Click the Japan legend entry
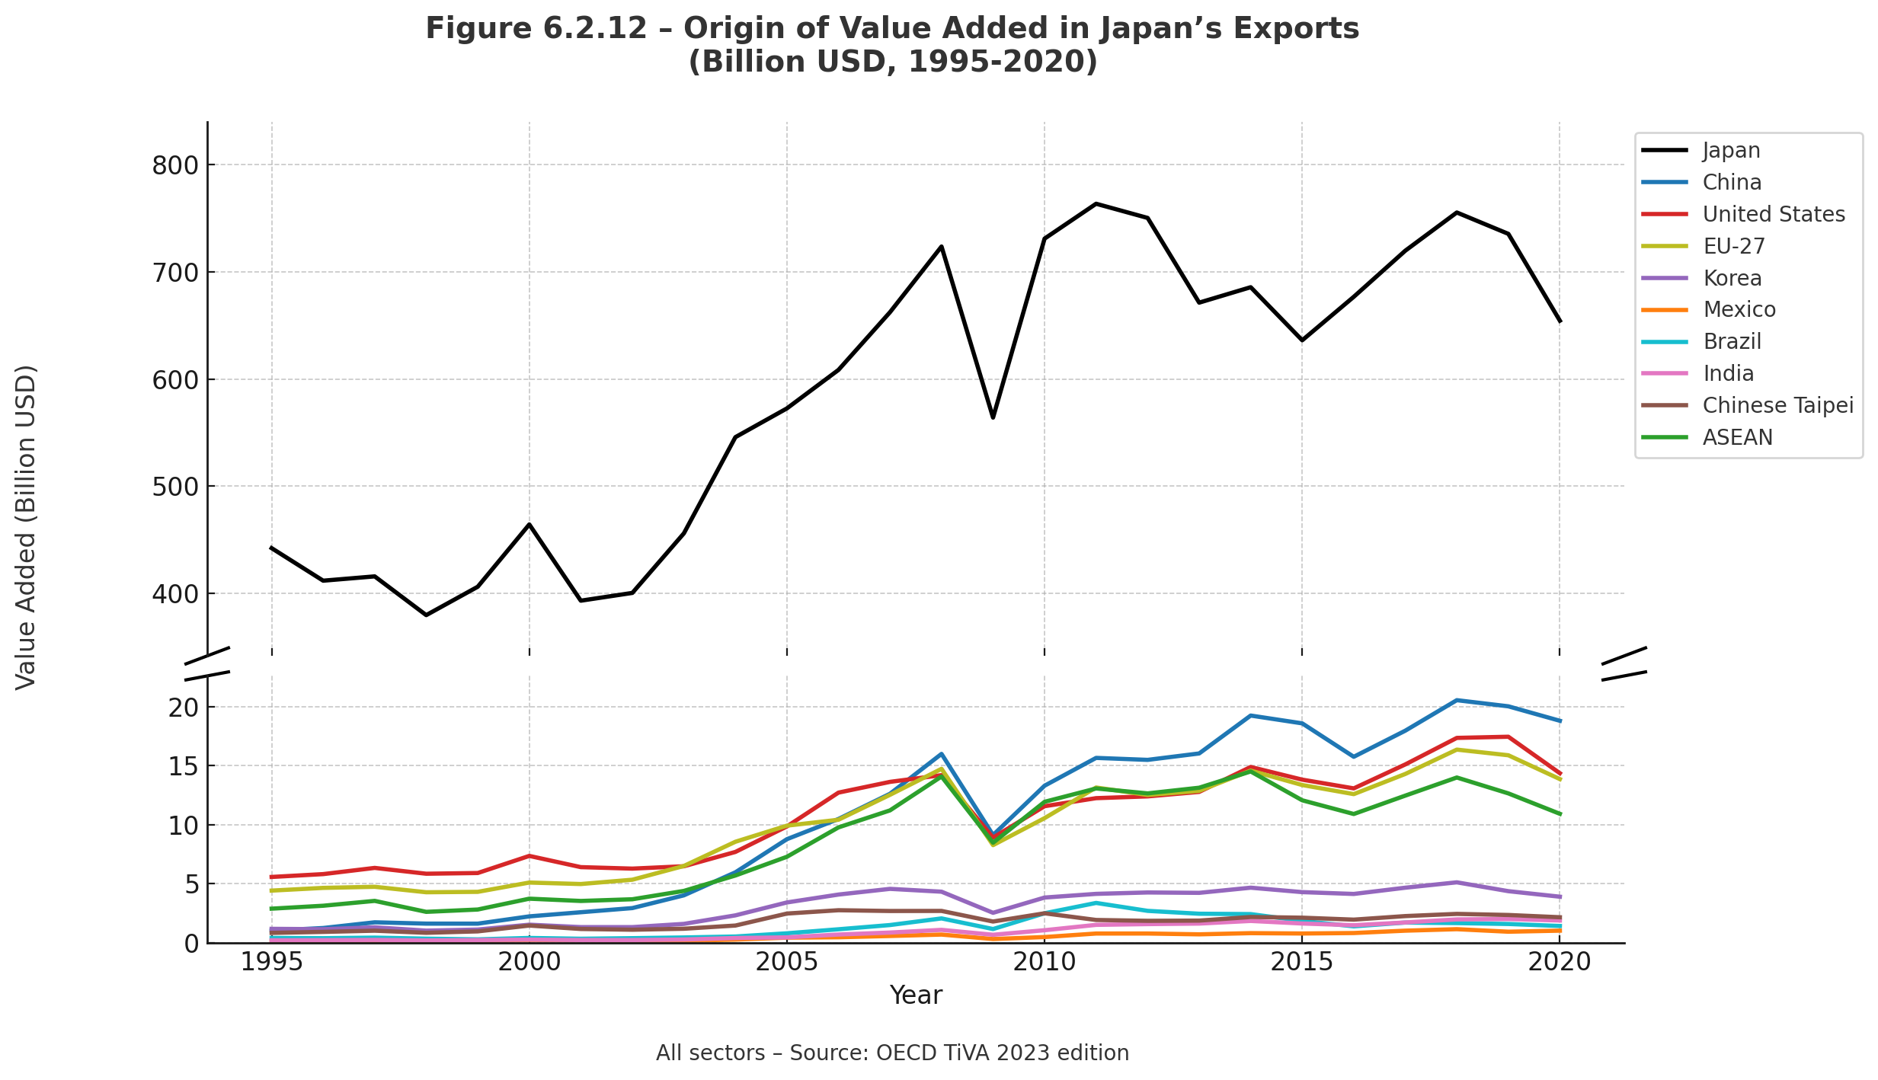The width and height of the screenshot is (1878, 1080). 1731,151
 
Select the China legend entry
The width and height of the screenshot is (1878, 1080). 1732,183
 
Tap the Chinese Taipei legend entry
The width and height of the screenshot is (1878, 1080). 1777,406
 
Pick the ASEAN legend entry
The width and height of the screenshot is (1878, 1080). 1737,438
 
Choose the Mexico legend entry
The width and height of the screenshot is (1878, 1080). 1739,310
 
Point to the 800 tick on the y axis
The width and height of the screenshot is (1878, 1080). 174,166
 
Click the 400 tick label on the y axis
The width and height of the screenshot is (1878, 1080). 174,594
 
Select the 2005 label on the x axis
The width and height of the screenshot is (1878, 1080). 786,963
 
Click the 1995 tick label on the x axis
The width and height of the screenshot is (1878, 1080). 272,963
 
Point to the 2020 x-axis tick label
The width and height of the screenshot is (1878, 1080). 1560,963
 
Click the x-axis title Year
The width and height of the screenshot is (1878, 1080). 916,995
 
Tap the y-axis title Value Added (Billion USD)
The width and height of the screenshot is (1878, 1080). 27,528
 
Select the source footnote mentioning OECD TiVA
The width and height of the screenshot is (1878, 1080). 892,1053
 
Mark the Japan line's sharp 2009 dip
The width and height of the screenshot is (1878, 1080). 993,417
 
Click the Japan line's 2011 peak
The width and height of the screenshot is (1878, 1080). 1096,203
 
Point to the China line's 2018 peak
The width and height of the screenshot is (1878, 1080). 1456,700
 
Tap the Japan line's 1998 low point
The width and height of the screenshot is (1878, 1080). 426,615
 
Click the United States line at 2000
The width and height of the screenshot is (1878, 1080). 529,856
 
